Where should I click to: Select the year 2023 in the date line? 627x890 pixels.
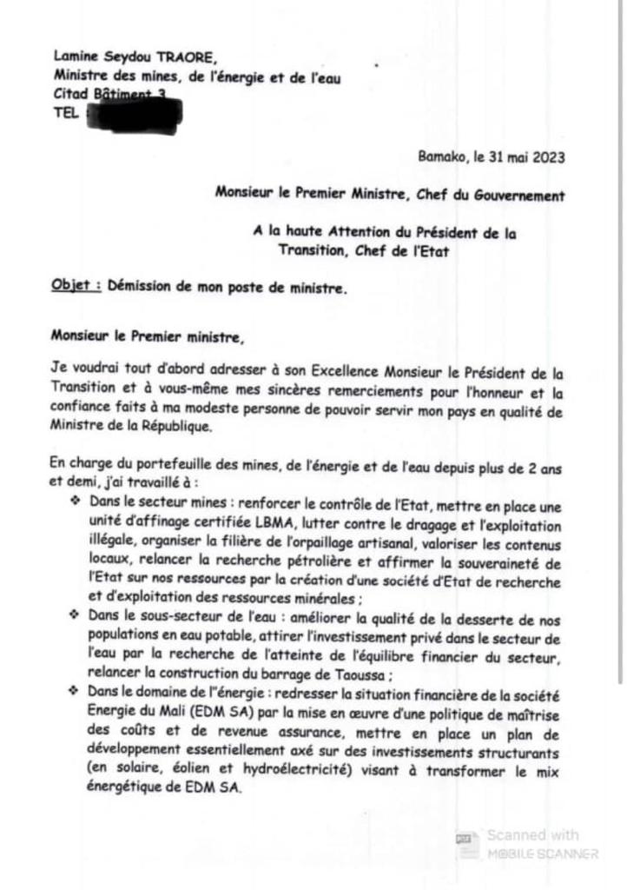pyautogui.click(x=548, y=158)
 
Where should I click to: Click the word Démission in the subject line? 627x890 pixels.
pyautogui.click(x=139, y=288)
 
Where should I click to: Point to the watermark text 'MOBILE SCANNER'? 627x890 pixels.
pyautogui.click(x=542, y=853)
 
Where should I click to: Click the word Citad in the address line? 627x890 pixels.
pyautogui.click(x=70, y=93)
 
